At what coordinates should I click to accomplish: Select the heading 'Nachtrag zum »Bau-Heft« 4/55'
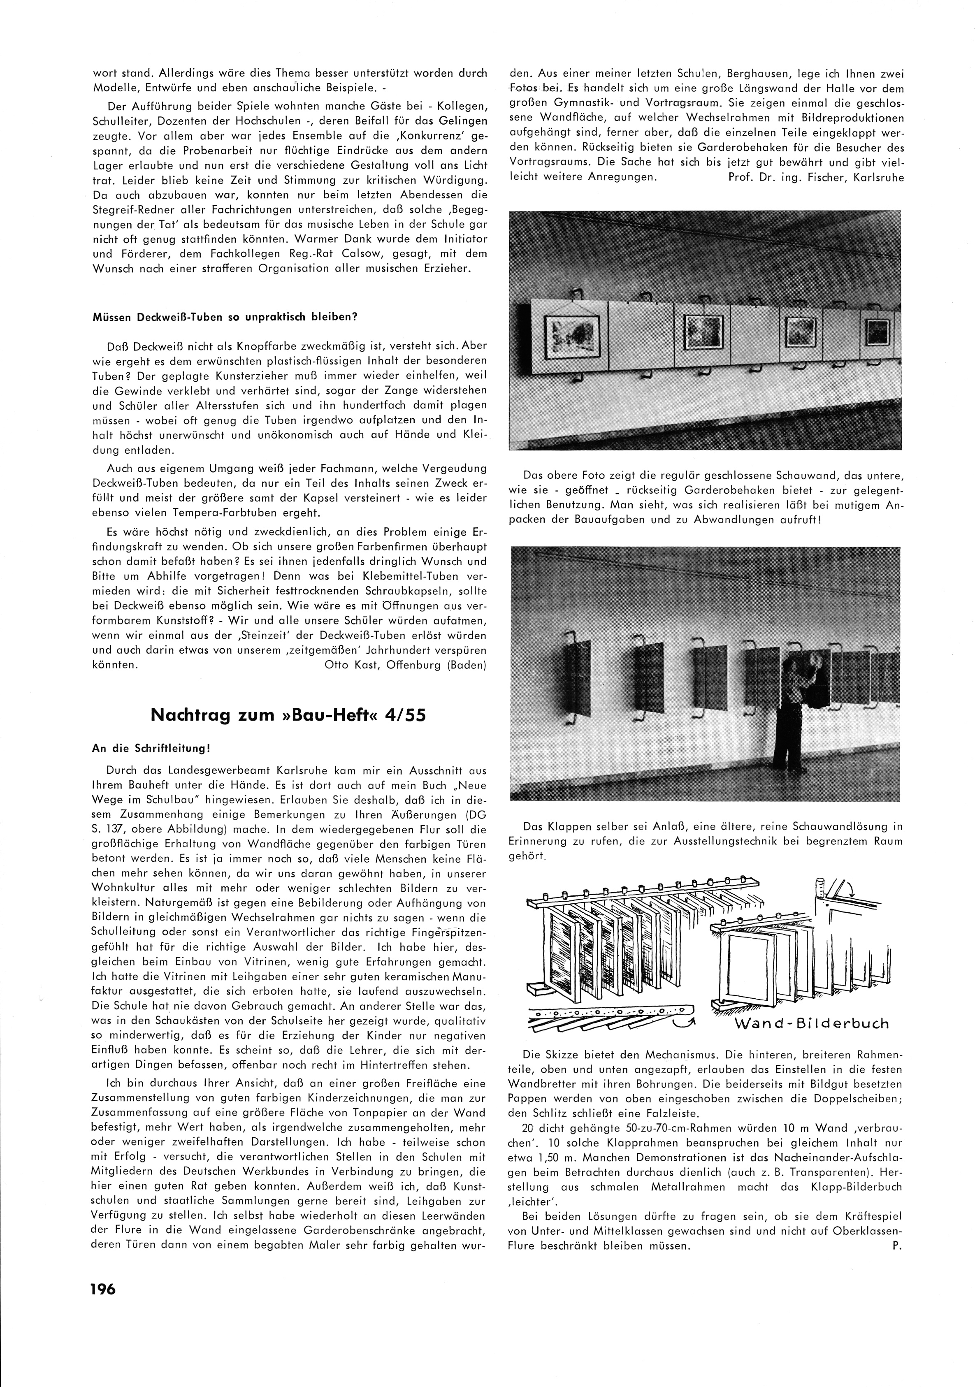288,715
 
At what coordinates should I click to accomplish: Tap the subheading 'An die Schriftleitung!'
151,747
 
